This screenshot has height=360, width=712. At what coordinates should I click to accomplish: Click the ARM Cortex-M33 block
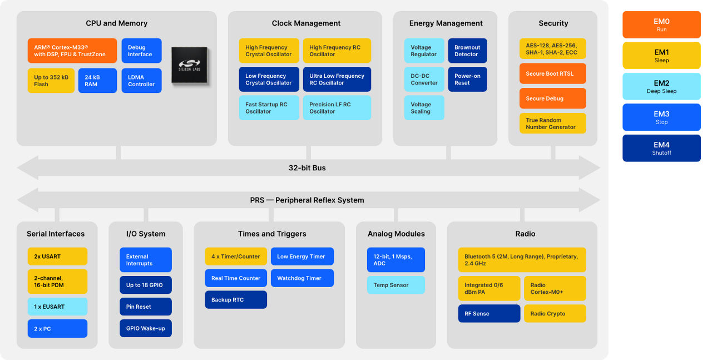(72, 51)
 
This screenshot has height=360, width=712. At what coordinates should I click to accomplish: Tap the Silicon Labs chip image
(190, 65)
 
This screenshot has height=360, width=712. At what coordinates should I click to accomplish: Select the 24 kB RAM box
(97, 81)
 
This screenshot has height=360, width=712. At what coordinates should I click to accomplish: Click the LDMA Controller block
(141, 81)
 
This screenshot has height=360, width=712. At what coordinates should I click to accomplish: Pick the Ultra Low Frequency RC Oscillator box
(337, 79)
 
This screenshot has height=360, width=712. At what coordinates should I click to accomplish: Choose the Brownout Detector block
(468, 51)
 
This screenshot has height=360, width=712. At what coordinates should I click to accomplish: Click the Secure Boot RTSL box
(553, 73)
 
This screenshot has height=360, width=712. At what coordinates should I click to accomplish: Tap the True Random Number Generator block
(553, 124)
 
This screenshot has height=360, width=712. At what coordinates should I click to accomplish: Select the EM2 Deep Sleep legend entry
(661, 86)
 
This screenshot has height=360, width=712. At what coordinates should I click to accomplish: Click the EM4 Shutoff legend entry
(661, 148)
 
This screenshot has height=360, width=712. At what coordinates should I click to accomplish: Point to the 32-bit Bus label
(307, 168)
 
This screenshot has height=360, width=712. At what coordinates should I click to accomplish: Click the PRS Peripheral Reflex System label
(307, 200)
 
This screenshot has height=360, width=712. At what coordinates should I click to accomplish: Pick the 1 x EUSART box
(57, 307)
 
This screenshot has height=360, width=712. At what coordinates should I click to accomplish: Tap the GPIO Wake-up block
(146, 328)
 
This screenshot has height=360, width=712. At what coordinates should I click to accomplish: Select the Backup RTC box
(236, 299)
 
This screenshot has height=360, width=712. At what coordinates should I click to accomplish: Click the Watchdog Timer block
(302, 278)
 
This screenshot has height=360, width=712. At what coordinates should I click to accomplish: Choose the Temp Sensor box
(396, 285)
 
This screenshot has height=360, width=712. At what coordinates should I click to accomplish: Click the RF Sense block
(489, 314)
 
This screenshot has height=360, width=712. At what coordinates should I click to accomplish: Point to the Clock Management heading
(306, 23)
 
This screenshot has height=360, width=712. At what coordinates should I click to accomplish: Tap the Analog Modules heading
(396, 234)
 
